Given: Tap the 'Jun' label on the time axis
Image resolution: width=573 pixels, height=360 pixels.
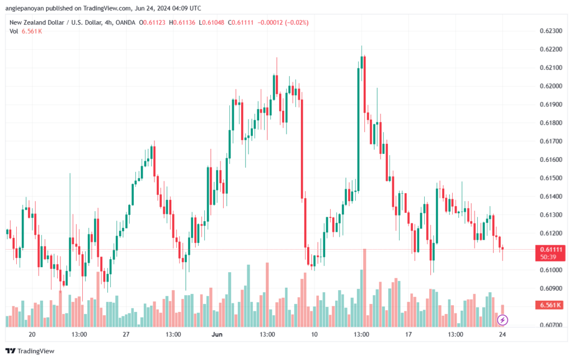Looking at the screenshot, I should pyautogui.click(x=217, y=334).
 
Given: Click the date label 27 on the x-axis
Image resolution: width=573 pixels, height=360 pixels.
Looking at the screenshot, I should pyautogui.click(x=126, y=334).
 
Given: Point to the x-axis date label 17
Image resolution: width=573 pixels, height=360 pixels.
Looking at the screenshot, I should pyautogui.click(x=408, y=334).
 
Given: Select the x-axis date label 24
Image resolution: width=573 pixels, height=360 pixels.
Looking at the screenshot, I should pyautogui.click(x=502, y=334).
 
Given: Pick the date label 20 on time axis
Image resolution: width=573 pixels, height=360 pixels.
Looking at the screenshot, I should pyautogui.click(x=32, y=334).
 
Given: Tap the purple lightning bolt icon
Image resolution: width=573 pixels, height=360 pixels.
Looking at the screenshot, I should pyautogui.click(x=502, y=320).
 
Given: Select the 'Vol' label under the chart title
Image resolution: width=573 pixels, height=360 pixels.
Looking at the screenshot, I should pyautogui.click(x=15, y=31).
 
